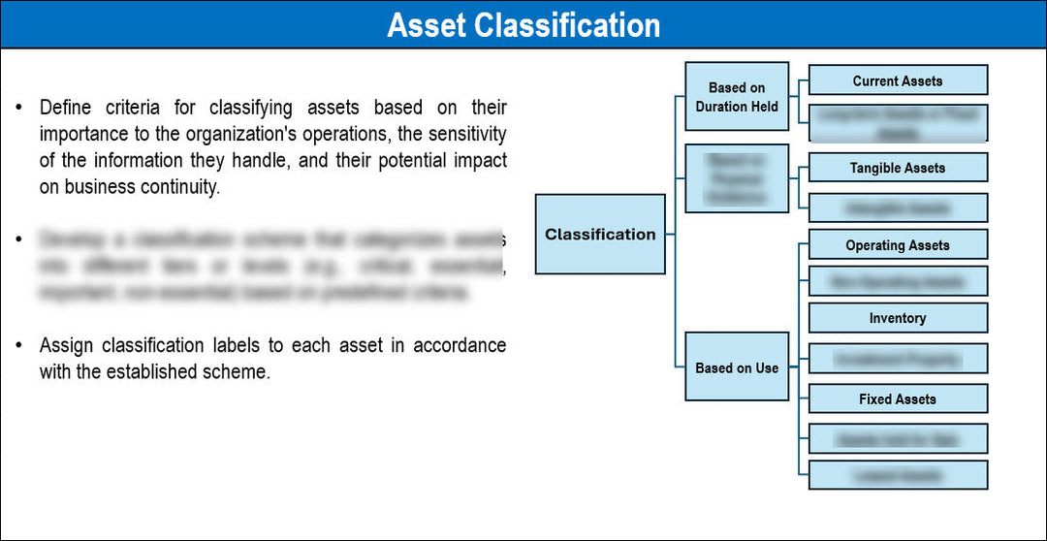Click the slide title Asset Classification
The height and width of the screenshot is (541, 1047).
pos(523,24)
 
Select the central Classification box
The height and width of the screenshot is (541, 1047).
pos(600,234)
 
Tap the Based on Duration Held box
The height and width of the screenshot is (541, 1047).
pos(737,97)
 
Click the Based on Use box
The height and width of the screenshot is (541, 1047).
pos(737,367)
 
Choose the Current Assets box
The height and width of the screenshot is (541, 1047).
pos(897,80)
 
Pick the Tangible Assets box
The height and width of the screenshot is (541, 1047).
pos(897,168)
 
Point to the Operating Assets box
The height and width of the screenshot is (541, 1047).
pos(897,245)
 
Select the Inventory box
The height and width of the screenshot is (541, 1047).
pos(897,318)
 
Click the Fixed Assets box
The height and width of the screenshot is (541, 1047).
pos(897,398)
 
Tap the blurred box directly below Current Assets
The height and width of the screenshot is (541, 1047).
pos(897,123)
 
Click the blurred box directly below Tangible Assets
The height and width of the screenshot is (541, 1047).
pos(897,207)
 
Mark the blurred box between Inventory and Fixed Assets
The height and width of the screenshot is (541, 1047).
pos(897,359)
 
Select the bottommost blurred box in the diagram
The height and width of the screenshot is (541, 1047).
pos(897,475)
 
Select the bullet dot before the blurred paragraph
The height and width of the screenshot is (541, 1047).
pos(18,239)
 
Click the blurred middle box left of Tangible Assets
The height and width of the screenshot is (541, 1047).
pos(737,178)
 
